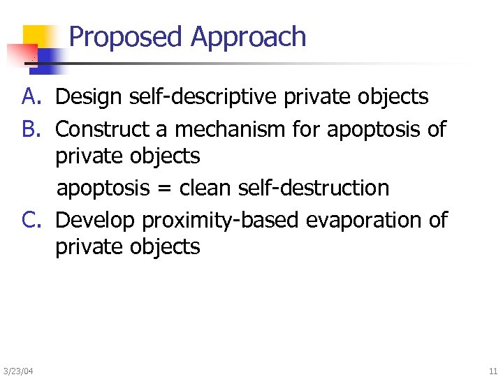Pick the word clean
click(203, 188)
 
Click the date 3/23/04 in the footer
click(17, 369)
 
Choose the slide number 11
click(493, 369)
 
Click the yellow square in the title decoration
click(38, 38)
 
